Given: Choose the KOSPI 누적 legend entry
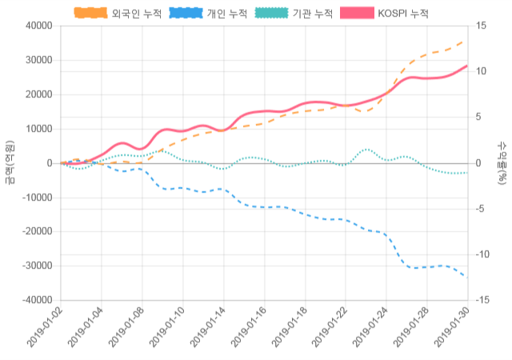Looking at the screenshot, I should [384, 14].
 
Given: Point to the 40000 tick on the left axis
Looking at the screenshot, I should [38, 26].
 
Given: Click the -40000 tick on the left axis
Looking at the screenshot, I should [37, 300].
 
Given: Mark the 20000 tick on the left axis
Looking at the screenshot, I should [38, 94].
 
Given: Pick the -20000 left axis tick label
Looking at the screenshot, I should [37, 231].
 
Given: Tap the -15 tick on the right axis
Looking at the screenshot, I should [482, 300].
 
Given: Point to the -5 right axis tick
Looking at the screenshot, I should [480, 209].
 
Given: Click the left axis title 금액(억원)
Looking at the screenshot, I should [9, 162].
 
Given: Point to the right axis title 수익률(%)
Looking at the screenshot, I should [502, 162].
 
